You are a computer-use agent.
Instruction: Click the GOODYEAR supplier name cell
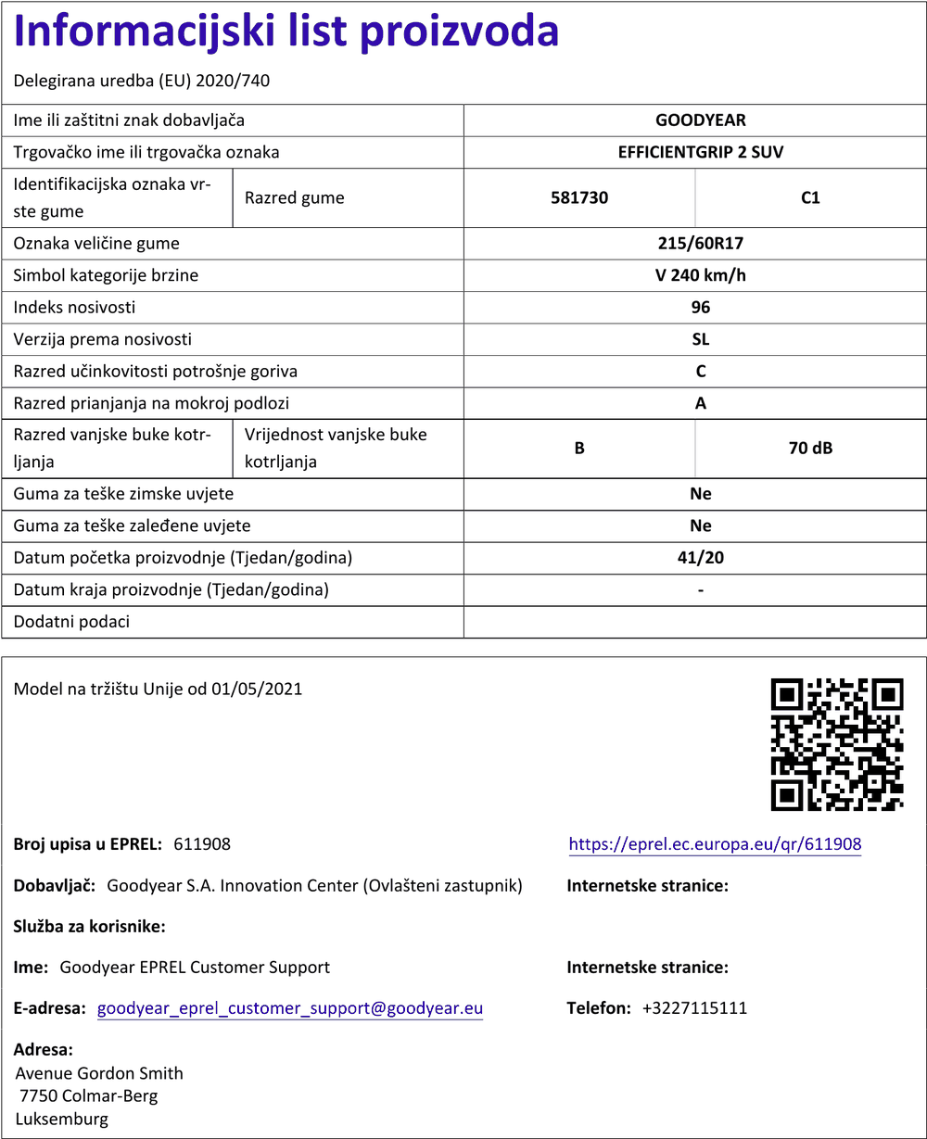(700, 120)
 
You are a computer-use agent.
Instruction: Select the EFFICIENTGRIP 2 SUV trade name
(700, 152)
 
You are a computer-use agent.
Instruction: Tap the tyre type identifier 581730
(579, 197)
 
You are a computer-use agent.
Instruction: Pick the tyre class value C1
(810, 197)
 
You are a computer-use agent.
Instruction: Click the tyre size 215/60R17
(700, 244)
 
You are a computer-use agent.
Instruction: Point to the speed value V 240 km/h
(700, 275)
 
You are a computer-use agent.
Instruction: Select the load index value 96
(700, 308)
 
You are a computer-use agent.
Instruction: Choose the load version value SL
(700, 339)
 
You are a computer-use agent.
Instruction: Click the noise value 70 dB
(810, 449)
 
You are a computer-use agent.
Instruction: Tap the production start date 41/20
(700, 558)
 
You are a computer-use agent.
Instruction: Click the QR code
(837, 744)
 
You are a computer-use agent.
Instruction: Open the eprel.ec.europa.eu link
(715, 844)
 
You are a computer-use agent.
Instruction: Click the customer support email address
(290, 1008)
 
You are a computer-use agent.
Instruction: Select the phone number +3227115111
(694, 1008)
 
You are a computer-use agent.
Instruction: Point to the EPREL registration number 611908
(202, 844)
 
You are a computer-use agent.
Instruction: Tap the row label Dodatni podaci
(71, 622)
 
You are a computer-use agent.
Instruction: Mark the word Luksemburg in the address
(62, 1119)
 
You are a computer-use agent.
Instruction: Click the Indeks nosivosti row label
(74, 308)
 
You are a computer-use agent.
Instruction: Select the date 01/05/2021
(257, 690)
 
